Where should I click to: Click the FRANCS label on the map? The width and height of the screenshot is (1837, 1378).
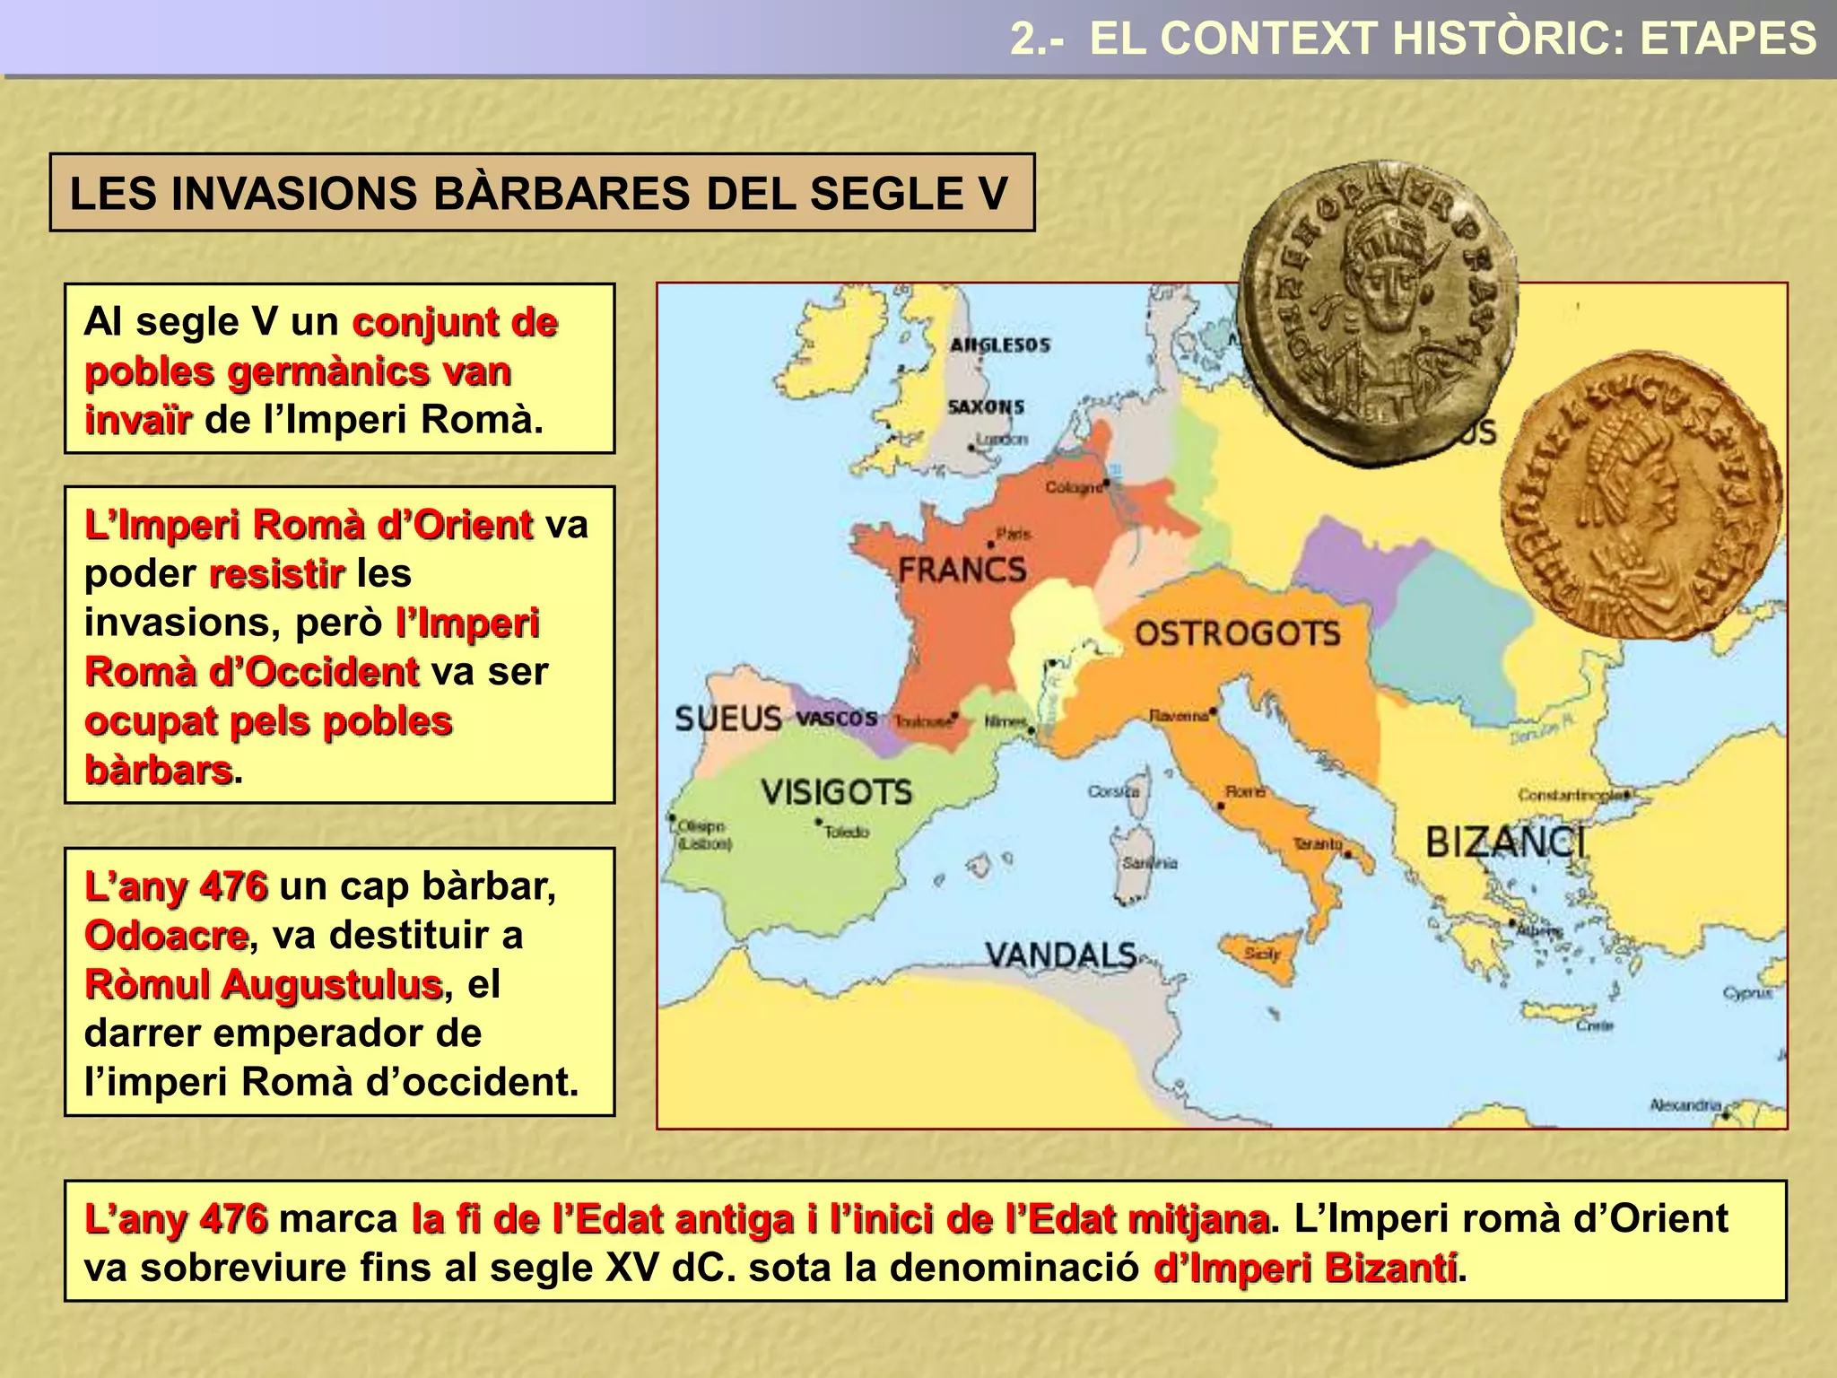point(962,570)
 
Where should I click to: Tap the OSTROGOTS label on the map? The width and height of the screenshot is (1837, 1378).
point(1237,634)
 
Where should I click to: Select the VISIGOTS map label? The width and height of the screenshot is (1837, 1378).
point(836,792)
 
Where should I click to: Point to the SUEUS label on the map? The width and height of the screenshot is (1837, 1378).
point(727,719)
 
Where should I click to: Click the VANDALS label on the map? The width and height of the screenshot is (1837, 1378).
point(1061,955)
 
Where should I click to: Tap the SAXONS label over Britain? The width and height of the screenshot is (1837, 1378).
point(986,407)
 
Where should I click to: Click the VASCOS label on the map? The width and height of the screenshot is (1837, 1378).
point(837,719)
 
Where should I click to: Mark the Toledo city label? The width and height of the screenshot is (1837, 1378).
point(846,833)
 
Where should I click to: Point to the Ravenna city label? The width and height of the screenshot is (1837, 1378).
point(1180,716)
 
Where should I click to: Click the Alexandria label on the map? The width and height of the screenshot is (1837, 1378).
point(1685,1105)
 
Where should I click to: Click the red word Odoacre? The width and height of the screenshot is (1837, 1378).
point(166,936)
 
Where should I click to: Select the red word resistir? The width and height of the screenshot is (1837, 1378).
point(276,573)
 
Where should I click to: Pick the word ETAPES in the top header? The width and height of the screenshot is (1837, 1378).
point(1728,39)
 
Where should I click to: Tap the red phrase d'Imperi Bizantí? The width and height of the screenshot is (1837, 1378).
point(1305,1269)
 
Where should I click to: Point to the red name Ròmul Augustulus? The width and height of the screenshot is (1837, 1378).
point(263,984)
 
